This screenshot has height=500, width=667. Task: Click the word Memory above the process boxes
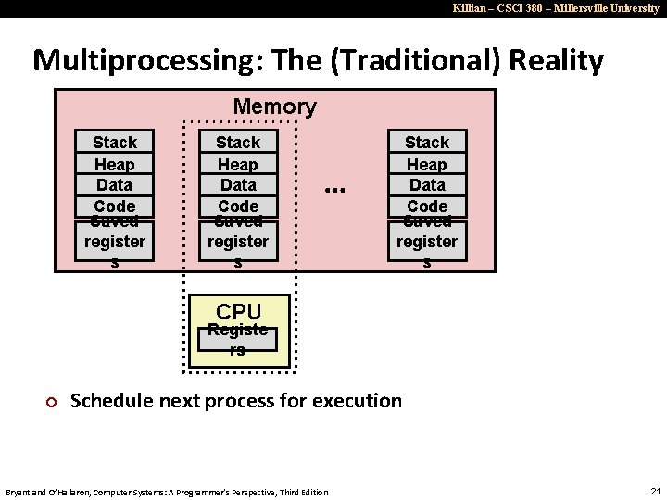[x=274, y=107]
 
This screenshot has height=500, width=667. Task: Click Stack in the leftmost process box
[x=115, y=142]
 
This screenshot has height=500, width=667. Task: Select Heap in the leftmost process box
[x=115, y=164]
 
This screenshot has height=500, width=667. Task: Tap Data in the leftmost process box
[x=115, y=184]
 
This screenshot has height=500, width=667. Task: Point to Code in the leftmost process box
[x=115, y=206]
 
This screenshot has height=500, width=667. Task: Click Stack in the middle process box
[x=238, y=142]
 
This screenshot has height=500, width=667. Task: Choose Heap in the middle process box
[x=238, y=164]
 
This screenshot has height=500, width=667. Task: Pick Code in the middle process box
[x=238, y=206]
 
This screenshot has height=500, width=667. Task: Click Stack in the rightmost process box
[x=427, y=142]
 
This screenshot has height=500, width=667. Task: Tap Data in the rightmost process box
[x=427, y=184]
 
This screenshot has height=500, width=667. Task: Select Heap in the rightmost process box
[x=427, y=164]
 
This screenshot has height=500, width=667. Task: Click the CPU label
[x=238, y=311]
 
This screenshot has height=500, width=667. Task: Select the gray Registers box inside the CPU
[x=238, y=339]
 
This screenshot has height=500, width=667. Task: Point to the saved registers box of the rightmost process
[x=427, y=241]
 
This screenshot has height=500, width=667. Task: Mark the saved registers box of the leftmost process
[x=115, y=241]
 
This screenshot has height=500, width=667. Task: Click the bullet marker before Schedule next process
[x=52, y=402]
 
